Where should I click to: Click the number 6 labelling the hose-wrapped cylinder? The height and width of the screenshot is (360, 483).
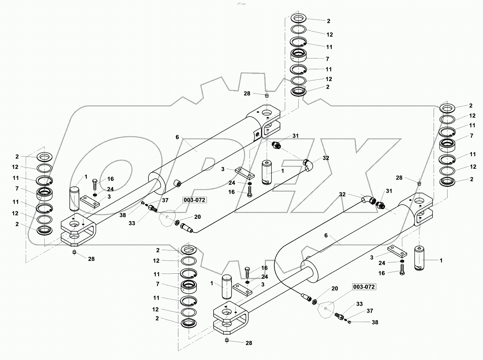(x=326, y=235)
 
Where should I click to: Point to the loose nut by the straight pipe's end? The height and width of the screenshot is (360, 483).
(x=177, y=223)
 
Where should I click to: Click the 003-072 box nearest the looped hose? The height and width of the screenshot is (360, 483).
(x=364, y=287)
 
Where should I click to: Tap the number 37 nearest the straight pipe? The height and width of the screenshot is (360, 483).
(x=165, y=200)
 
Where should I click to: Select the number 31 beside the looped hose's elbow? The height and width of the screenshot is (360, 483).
(x=388, y=191)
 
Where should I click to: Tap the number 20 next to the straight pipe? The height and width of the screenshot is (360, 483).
(x=198, y=217)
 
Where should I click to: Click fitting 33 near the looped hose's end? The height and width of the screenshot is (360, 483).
(x=339, y=317)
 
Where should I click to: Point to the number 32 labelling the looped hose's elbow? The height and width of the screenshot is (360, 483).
(x=342, y=194)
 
